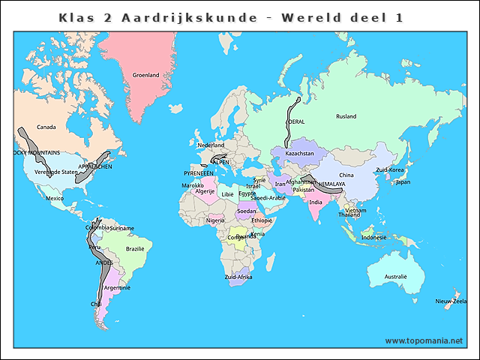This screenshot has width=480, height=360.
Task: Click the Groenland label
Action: coord(145,75)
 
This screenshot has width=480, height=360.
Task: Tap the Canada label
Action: coord(46,127)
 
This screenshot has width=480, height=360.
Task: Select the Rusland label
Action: coord(346,116)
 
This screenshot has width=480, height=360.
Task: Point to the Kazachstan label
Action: coord(299,154)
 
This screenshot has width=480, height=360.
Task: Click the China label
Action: coord(346,175)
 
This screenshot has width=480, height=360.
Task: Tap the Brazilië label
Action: coord(135,248)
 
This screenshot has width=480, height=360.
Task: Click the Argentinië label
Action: coord(118,287)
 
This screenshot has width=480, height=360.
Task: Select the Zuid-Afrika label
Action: coord(238,277)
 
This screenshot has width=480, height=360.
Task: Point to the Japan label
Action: coord(403,181)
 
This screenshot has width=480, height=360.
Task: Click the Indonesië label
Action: coord(374,237)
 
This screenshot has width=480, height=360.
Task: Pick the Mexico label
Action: coord(55,198)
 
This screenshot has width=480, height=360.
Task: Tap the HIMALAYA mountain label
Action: coord(331,184)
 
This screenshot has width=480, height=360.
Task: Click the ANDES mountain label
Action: coord(103,263)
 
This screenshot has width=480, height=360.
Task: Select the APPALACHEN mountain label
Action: coord(95,166)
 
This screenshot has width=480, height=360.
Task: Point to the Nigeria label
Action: coord(216,220)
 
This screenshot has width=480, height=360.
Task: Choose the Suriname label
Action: coord(121,228)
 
